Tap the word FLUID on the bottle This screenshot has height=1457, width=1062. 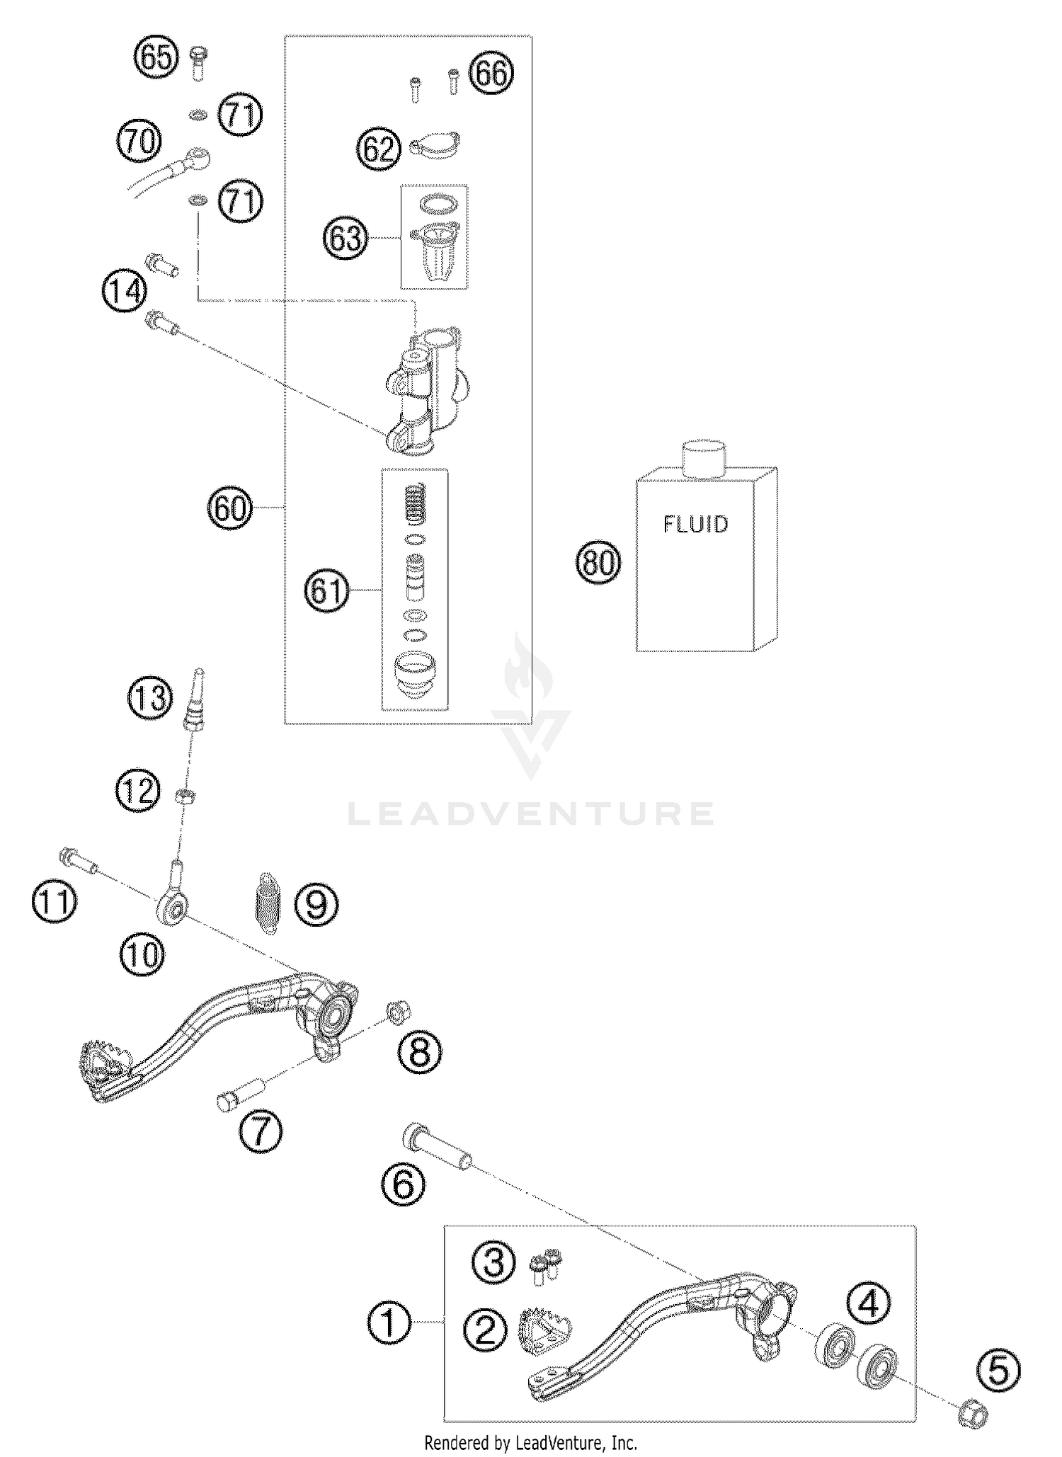coord(695,524)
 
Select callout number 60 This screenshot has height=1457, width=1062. coord(229,508)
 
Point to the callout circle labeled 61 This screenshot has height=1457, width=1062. coord(326,590)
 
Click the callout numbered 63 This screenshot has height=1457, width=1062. coord(346,238)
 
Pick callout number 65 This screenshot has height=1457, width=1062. coord(156,57)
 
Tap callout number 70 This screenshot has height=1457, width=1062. coord(139,141)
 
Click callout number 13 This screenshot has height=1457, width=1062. coord(150,697)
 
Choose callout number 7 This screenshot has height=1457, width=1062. coord(261,1131)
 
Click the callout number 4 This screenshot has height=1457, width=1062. coord(869,1303)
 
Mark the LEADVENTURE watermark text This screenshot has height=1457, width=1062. coord(531,814)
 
